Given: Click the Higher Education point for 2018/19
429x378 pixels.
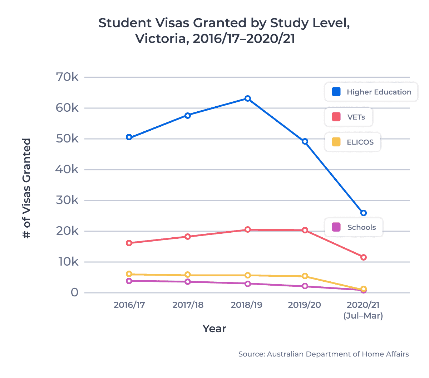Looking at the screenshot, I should click(x=248, y=98).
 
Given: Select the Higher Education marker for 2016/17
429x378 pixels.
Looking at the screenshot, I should click(x=129, y=137).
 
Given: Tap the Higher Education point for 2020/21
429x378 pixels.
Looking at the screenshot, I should click(x=364, y=213).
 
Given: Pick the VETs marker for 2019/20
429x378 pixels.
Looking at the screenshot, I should click(x=305, y=230).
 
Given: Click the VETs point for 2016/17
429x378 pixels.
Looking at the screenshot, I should click(x=129, y=243).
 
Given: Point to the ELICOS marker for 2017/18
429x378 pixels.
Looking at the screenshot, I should click(x=188, y=275).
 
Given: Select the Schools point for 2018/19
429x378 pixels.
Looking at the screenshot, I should click(x=248, y=284).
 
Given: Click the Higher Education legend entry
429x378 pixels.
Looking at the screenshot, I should click(x=371, y=92).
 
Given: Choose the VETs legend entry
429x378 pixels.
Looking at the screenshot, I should click(x=349, y=117).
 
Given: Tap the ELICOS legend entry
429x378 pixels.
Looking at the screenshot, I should click(x=352, y=142).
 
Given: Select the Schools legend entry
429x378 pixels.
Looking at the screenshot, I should click(x=354, y=227).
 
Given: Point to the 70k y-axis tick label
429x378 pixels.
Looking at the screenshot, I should click(x=67, y=77).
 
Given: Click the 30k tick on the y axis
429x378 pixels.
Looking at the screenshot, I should click(x=67, y=200).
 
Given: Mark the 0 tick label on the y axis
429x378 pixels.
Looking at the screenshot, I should click(x=74, y=292).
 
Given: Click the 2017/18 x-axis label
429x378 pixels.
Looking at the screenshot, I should click(x=188, y=305).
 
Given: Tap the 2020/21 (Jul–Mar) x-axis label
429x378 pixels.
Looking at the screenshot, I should click(x=363, y=310).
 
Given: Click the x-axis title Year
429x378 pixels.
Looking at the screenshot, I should click(x=214, y=329).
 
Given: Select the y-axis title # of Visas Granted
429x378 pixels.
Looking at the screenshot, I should click(x=27, y=188).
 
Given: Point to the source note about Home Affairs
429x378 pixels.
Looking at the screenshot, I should click(x=324, y=354).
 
